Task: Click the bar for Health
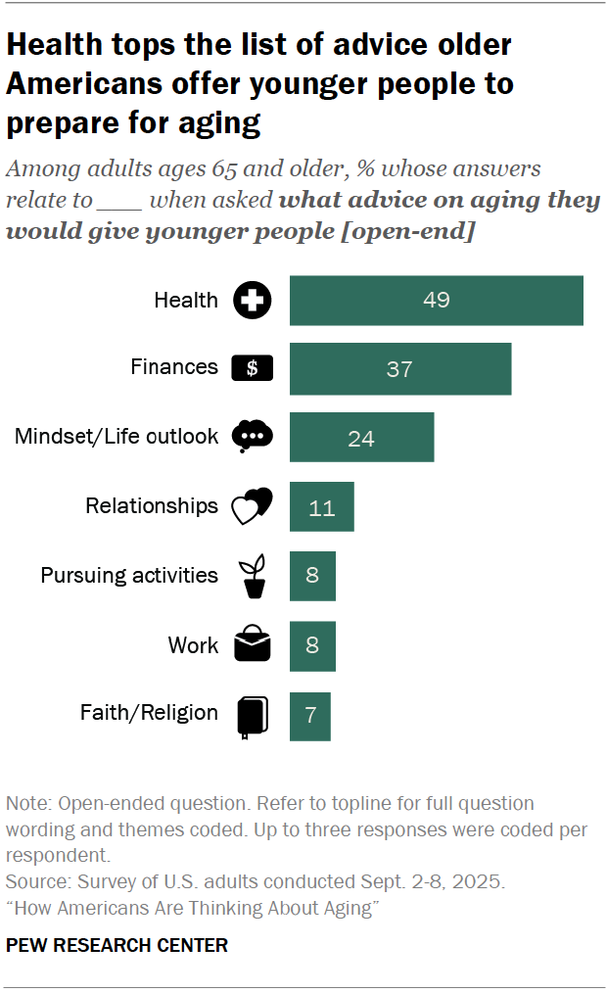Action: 436,300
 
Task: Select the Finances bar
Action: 399,368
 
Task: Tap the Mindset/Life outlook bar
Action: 361,438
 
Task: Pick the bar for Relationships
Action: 321,507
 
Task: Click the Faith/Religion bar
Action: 309,715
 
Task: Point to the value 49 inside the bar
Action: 437,300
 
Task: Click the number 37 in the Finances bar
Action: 399,369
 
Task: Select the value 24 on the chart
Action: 361,438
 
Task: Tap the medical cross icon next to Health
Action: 253,301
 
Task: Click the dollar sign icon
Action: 253,368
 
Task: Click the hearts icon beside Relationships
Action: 251,506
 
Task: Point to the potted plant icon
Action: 254,577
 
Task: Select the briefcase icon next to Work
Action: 253,644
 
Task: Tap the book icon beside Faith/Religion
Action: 252,715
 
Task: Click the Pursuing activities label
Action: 129,575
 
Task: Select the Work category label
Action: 193,645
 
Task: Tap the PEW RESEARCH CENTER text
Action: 117,945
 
